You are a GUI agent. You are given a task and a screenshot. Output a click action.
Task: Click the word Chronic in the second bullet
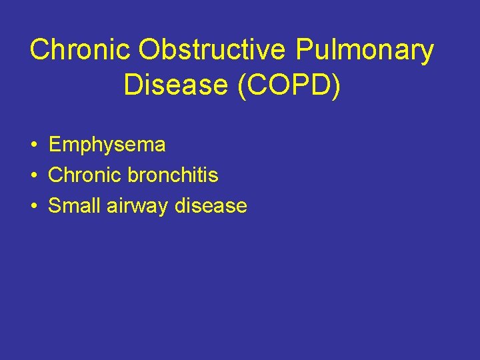click(83, 175)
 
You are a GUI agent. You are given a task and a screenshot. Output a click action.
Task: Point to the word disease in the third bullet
click(211, 206)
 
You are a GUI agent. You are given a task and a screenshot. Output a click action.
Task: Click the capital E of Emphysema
click(55, 144)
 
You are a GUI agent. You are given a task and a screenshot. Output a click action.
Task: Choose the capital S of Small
click(55, 206)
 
